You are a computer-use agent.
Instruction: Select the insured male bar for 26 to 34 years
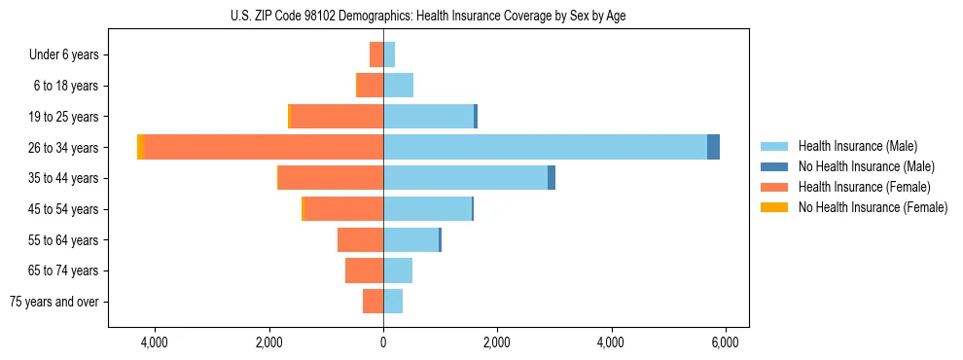tap(545, 147)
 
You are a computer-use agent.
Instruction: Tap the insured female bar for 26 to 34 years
tap(264, 147)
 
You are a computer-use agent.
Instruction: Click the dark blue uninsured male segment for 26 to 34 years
tap(713, 147)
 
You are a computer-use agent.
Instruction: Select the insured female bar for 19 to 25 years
tap(338, 117)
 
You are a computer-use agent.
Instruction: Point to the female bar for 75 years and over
tap(373, 302)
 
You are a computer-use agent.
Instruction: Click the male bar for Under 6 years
tap(389, 54)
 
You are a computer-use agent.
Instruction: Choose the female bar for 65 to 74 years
tap(364, 270)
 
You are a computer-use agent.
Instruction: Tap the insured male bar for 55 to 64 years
tap(410, 239)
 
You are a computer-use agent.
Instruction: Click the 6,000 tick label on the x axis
tap(725, 342)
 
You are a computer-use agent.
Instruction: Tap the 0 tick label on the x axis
tap(383, 342)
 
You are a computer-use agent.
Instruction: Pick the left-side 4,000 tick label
tap(155, 342)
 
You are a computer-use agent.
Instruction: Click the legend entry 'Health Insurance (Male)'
tap(857, 146)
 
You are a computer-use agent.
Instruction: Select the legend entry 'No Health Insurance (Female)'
tap(873, 207)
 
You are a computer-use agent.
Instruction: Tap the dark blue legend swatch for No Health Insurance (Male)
tap(774, 166)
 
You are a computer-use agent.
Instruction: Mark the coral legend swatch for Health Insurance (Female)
tap(774, 187)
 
